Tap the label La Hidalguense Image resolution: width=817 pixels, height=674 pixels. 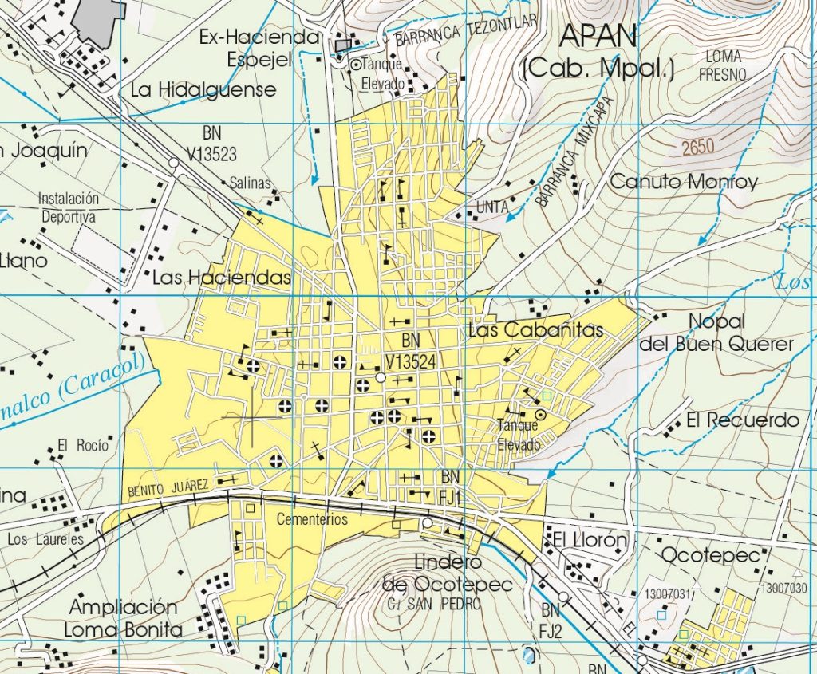point(203,89)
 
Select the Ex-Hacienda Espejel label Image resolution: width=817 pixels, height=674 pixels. point(259,48)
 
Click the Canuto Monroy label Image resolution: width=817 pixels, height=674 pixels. point(683,182)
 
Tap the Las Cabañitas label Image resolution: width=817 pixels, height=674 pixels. point(536,330)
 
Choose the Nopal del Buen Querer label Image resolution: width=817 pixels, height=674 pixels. point(716,333)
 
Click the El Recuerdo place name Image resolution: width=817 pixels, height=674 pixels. point(742,420)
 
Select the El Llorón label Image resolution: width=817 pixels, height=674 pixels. point(588,541)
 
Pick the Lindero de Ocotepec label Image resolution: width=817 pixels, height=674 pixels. point(447,573)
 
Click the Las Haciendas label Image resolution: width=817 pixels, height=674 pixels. point(221,277)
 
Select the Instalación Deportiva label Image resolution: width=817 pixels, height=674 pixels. point(69,207)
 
